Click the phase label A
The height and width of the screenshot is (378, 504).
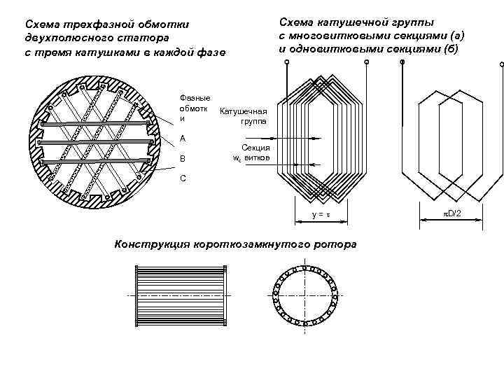point(183,138)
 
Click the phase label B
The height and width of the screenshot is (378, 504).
point(183,159)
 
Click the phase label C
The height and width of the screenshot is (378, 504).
point(183,178)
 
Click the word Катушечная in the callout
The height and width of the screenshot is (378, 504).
point(244,111)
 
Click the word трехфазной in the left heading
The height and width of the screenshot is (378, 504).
point(91,25)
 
